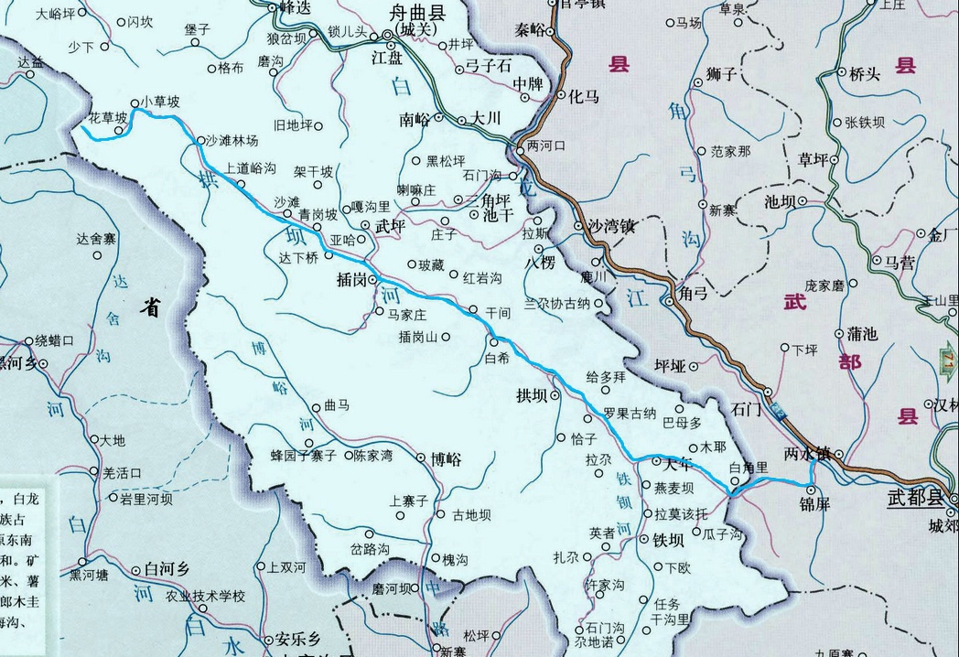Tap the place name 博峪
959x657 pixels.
click(x=446, y=458)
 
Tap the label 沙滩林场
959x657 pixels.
click(x=232, y=141)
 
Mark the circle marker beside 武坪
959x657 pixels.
click(x=365, y=225)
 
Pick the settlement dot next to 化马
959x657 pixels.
click(x=564, y=94)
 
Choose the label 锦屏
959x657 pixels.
click(x=814, y=504)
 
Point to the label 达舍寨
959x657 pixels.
click(x=96, y=240)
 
